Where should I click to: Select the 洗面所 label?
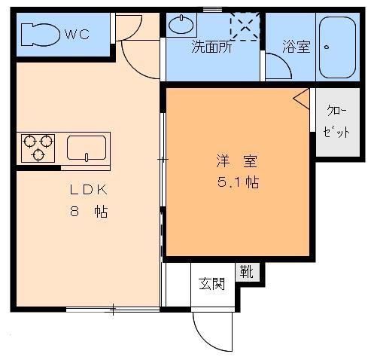click(213, 47)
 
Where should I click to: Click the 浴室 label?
click(296, 47)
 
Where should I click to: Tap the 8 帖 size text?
click(87, 212)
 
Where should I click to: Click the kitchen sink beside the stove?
click(87, 148)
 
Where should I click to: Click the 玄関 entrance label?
click(211, 284)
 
